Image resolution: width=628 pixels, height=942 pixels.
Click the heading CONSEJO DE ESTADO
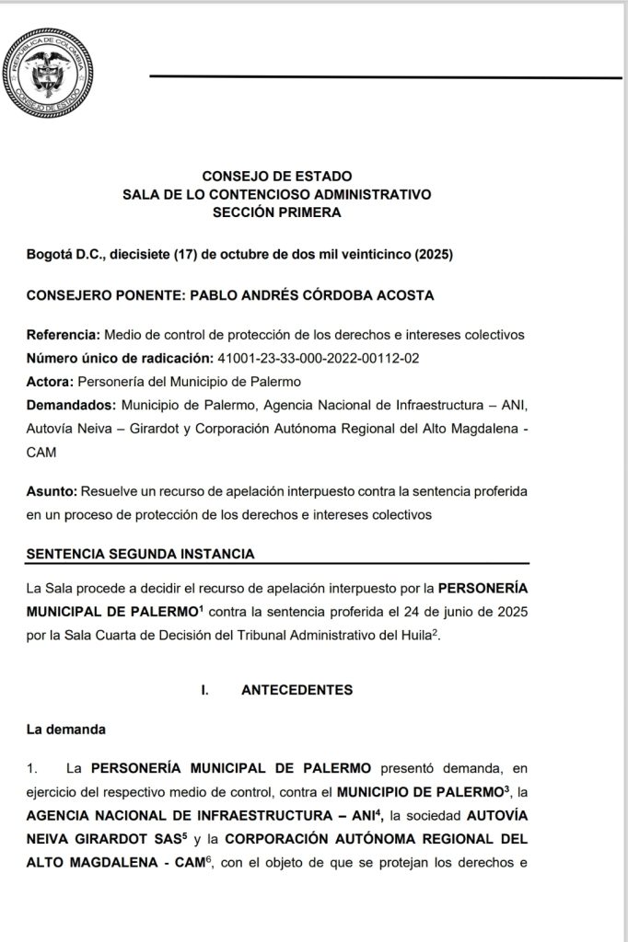click(276, 176)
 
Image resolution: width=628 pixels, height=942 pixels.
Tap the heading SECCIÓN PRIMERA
click(276, 212)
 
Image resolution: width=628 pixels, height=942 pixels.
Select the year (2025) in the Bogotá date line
click(434, 254)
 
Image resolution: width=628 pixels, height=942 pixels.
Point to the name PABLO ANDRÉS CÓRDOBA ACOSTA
click(312, 294)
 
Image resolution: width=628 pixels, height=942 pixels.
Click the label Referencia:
click(64, 335)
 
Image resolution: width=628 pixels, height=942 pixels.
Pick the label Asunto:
click(52, 491)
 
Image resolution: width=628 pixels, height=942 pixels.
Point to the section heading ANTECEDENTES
click(297, 689)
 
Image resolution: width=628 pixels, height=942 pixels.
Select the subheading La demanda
click(66, 730)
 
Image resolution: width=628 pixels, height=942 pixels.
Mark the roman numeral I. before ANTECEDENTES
click(204, 689)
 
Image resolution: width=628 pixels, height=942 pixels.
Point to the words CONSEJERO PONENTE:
click(105, 294)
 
